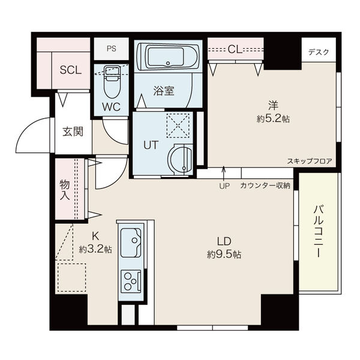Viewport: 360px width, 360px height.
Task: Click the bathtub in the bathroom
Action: (169, 57)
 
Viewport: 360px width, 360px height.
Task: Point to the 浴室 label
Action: (164, 91)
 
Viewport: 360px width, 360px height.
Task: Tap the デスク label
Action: (319, 52)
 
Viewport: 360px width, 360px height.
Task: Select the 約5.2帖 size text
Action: (273, 119)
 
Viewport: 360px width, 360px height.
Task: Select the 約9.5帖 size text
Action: (224, 254)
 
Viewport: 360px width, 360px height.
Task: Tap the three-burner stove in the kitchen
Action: (131, 280)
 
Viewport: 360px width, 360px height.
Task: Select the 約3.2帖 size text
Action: (95, 249)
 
